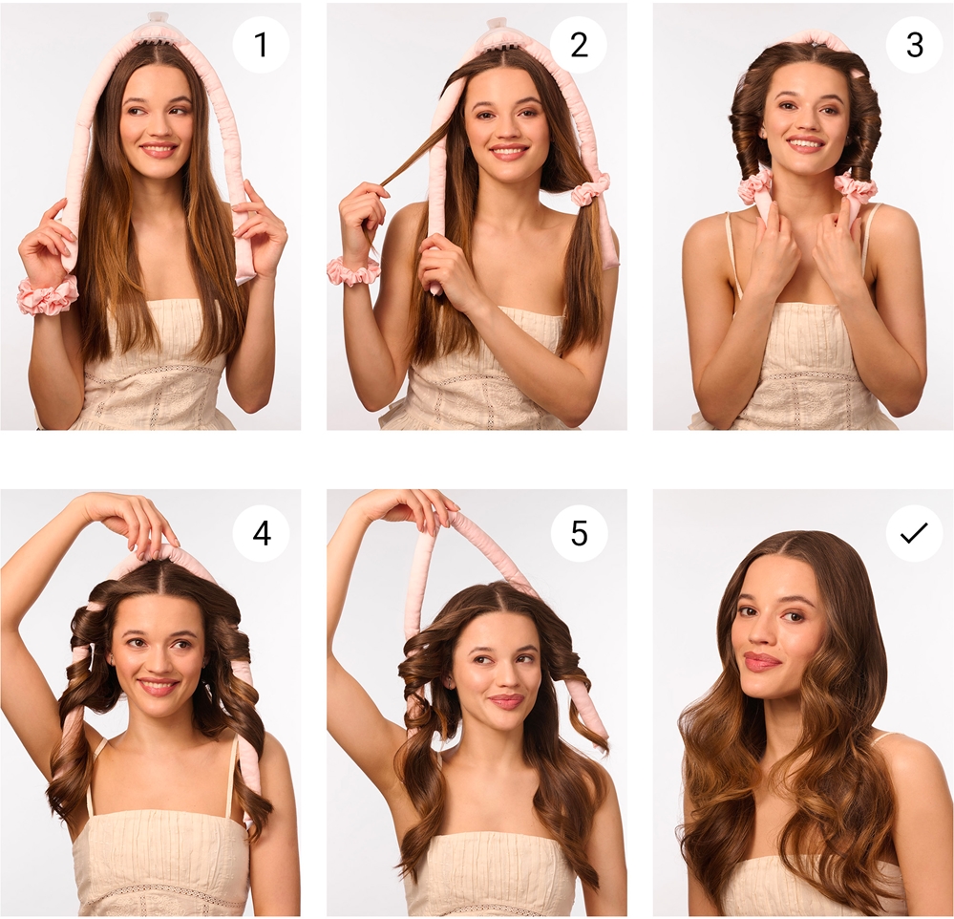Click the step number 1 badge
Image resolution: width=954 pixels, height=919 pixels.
[261, 45]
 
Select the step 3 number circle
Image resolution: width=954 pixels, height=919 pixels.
[914, 45]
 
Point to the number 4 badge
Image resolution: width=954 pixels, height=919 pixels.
[261, 533]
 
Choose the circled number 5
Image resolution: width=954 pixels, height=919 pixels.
[580, 533]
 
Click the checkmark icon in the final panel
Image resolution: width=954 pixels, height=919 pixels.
[914, 533]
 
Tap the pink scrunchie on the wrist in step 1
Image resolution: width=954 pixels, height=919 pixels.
[47, 294]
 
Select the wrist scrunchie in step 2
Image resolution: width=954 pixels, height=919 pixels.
[352, 271]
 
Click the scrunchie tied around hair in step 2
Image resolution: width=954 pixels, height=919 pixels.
[589, 188]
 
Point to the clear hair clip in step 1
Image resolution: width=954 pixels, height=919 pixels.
[159, 22]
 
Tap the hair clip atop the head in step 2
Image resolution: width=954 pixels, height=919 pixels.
[498, 29]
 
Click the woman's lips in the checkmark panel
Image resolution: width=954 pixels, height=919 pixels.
[762, 661]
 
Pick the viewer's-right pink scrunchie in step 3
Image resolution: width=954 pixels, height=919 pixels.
[855, 187]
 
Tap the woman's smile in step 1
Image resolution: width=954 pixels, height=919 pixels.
[159, 149]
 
